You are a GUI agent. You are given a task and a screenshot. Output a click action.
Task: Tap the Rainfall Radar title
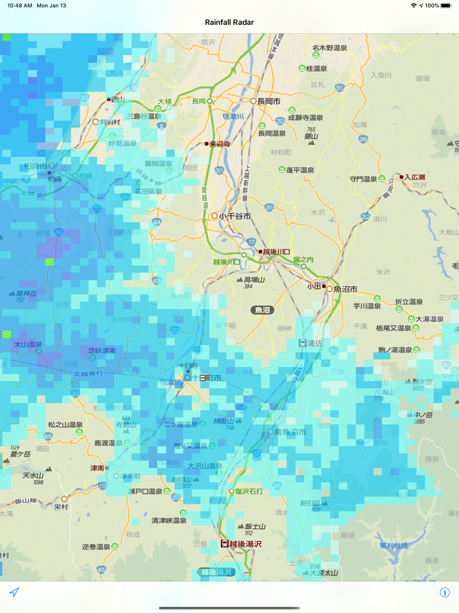[x=229, y=22]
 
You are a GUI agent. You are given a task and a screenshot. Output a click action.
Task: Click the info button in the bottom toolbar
[x=445, y=592]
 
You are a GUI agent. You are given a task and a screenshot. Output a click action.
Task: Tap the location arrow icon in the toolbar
[x=14, y=592]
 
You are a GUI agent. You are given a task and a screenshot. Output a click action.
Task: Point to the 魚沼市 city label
[x=345, y=289]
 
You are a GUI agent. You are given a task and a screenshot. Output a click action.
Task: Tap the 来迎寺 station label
[x=220, y=144]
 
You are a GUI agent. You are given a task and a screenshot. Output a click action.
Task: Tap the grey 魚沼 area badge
[x=263, y=310]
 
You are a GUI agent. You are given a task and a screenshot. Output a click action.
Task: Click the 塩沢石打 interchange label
[x=249, y=491]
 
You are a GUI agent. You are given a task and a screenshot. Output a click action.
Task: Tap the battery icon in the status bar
[x=449, y=5]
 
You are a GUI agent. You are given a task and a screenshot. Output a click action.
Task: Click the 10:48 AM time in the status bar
[x=20, y=5]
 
